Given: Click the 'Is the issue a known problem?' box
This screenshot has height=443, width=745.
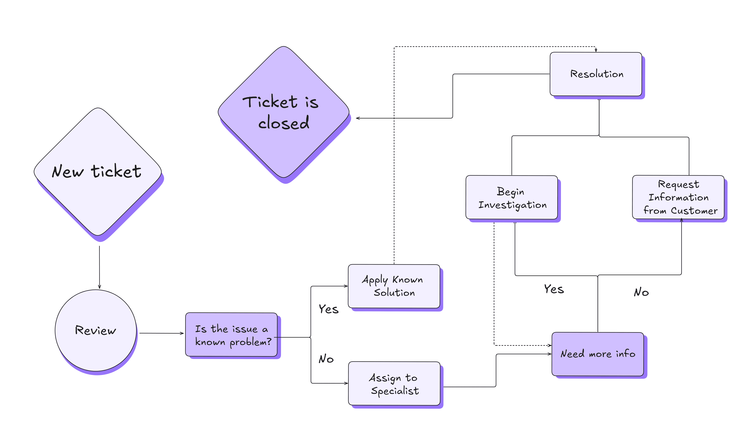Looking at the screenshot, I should [231, 335].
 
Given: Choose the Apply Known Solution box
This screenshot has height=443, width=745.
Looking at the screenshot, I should [394, 286].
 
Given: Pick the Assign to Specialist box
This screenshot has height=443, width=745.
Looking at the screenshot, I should [394, 384].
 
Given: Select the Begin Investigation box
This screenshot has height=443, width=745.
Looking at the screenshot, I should [512, 197].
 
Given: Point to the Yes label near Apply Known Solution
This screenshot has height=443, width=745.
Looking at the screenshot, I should [329, 309].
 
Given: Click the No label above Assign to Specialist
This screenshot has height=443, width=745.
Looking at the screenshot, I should [326, 359].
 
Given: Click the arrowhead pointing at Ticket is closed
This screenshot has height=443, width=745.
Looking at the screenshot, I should [358, 118].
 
